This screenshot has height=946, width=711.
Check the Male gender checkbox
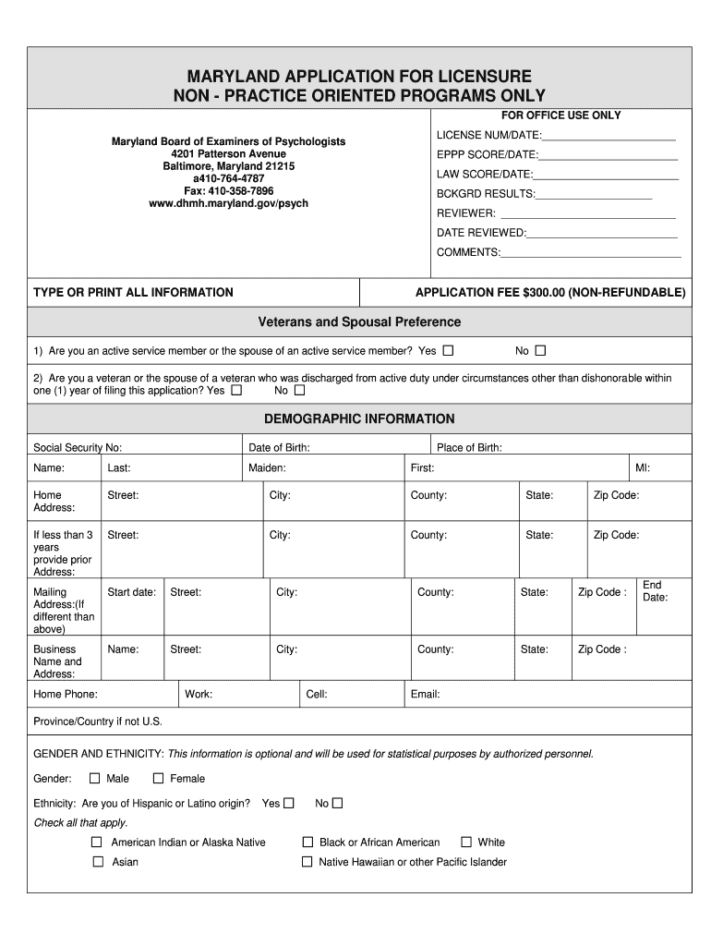click(94, 778)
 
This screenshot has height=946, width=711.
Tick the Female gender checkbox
click(158, 778)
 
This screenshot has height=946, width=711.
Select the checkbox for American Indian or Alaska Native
click(97, 842)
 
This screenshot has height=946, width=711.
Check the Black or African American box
click(307, 842)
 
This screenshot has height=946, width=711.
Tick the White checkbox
click(466, 842)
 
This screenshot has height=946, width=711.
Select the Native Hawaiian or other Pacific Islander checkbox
click(307, 862)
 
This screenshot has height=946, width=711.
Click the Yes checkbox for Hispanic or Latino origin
click(289, 803)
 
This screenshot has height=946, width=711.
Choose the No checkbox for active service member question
click(541, 350)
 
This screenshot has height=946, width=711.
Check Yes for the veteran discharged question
click(236, 390)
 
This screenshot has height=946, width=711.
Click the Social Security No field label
click(78, 448)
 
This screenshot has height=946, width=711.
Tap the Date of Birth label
click(279, 448)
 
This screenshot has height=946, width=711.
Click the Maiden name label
click(267, 468)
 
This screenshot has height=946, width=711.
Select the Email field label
click(425, 694)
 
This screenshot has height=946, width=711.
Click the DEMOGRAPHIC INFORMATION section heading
click(359, 418)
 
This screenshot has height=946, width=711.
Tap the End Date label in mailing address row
click(655, 591)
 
